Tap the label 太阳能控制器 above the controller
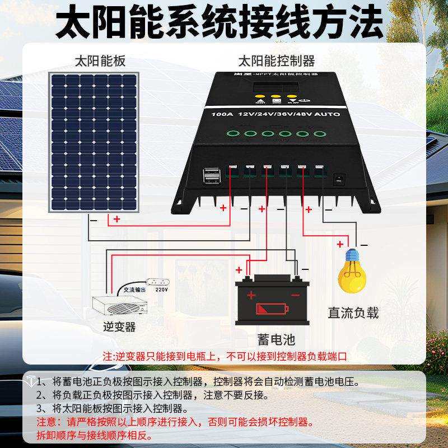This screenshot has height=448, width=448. (277, 60)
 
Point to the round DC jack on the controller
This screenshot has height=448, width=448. (338, 180)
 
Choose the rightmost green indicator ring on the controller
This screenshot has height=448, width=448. (319, 134)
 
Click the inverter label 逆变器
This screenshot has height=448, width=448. (120, 325)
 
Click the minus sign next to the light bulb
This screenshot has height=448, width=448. (363, 245)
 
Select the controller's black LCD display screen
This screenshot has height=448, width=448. (272, 88)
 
